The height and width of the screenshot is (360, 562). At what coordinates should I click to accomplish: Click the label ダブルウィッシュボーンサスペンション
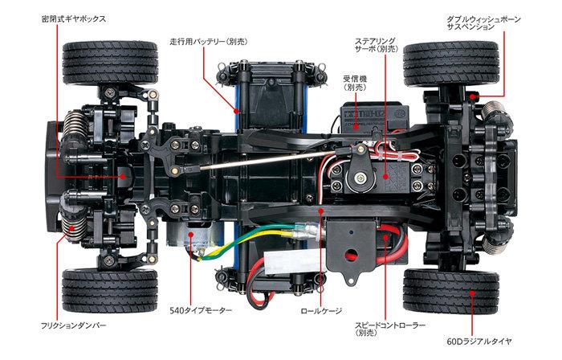tap(486, 22)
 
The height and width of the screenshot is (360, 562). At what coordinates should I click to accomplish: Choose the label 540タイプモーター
tap(200, 309)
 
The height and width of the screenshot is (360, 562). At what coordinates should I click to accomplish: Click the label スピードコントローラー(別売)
tap(388, 329)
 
